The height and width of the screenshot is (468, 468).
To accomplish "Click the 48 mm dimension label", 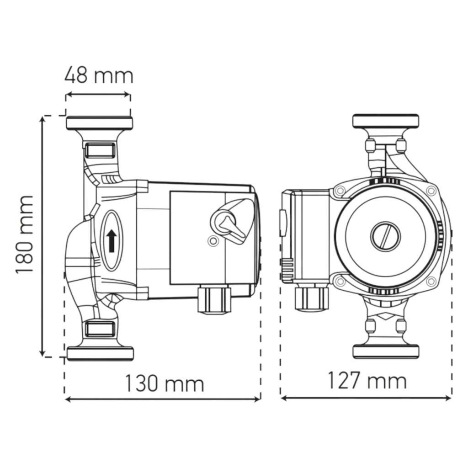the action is [99, 75].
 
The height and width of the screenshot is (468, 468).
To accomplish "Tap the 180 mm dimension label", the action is [24, 234].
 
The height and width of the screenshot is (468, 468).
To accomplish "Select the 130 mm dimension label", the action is [165, 383].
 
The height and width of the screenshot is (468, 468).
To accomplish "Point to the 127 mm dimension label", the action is [367, 380].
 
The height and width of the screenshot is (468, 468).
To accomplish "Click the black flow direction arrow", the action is [112, 240].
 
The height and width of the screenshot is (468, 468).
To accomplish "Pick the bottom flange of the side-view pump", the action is [100, 354].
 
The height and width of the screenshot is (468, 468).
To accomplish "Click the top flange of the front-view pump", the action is [386, 121].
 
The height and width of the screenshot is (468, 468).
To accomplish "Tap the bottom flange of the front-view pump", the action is [386, 351].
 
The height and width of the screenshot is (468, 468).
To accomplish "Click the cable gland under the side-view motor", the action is [214, 298].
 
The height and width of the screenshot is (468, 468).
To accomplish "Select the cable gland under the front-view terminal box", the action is [312, 298].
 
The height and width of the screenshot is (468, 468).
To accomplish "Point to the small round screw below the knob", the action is [213, 241].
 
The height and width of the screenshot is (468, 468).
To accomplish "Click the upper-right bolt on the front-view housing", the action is [431, 190].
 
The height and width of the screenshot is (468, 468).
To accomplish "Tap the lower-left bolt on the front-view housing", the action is [340, 281].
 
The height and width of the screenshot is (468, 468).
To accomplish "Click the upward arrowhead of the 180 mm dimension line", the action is [43, 119].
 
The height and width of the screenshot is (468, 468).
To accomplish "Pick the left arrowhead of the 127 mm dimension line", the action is [284, 398].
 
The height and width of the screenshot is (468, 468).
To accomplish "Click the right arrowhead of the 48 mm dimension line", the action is [128, 95].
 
